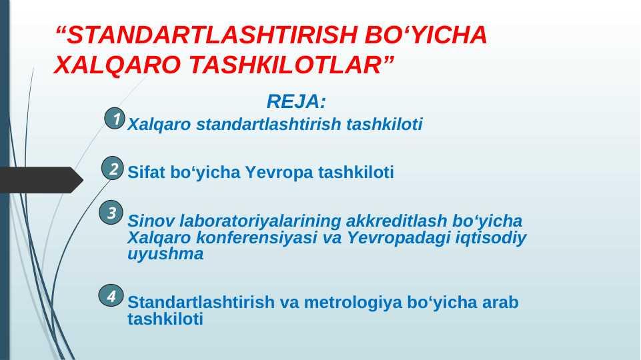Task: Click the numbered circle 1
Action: click(x=115, y=119)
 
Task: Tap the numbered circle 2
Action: click(x=113, y=169)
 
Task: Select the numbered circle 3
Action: click(x=111, y=213)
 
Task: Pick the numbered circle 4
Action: click(x=111, y=295)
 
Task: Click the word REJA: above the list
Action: click(x=296, y=101)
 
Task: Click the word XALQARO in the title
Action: click(x=117, y=65)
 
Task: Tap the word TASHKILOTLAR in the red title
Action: click(x=285, y=65)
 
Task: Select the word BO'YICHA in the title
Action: click(x=426, y=35)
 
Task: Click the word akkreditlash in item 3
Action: click(x=396, y=221)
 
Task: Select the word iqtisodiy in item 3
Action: click(x=491, y=238)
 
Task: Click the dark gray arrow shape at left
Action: click(x=41, y=180)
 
